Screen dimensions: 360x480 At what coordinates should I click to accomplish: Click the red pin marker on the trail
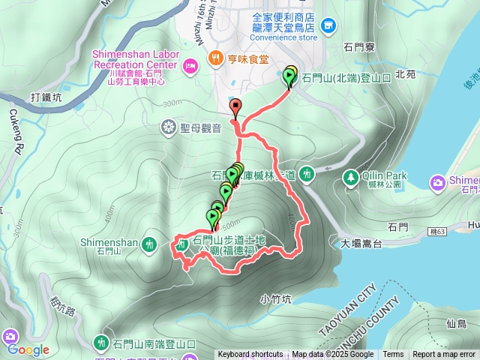235,106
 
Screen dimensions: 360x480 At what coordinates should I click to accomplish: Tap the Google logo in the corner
28,349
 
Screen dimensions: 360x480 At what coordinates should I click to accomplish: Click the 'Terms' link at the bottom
393,355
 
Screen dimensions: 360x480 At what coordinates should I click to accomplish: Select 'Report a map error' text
444,355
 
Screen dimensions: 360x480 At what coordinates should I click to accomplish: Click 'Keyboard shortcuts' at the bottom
250,355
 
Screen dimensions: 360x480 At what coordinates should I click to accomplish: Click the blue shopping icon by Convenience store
328,27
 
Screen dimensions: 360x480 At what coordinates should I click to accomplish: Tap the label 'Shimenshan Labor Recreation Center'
135,59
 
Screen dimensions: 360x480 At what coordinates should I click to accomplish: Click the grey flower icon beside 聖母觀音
166,128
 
